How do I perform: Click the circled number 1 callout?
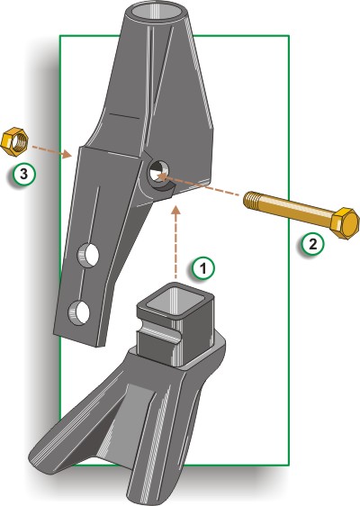[x=202, y=267]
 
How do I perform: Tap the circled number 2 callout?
[x=312, y=245]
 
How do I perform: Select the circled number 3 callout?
[x=24, y=175]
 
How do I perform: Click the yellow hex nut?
[x=14, y=142]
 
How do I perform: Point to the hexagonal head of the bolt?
[x=345, y=223]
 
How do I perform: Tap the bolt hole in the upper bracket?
[x=159, y=172]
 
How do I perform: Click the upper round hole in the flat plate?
[x=88, y=255]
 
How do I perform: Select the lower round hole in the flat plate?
[x=78, y=312]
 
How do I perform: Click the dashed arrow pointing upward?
[x=175, y=242]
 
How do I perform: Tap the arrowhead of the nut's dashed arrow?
[x=67, y=154]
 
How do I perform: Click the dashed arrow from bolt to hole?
[x=197, y=185]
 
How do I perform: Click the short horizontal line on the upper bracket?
[x=125, y=115]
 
